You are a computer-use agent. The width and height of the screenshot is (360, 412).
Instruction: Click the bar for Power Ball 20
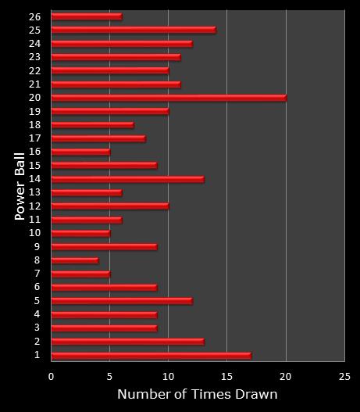point(169,98)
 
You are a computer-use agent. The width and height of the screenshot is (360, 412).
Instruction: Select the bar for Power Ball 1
point(151,356)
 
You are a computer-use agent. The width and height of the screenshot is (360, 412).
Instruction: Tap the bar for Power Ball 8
point(75,260)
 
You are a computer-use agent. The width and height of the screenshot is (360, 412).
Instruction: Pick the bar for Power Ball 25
point(134,30)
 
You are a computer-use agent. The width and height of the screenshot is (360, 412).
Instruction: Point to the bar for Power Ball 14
point(127,179)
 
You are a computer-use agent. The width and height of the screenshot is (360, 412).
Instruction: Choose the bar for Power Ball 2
point(127,342)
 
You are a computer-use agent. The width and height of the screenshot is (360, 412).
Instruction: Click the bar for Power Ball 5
point(122,301)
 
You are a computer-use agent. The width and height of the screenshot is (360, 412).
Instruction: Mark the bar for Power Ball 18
point(92,124)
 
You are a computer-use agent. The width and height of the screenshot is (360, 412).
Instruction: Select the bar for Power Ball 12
point(110,206)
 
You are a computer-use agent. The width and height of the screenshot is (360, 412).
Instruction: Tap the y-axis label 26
point(34,16)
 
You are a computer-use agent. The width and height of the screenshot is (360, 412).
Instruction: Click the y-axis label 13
point(34,192)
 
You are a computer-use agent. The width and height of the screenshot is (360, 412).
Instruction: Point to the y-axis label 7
point(37,274)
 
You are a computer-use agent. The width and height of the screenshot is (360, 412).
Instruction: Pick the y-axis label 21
point(34,84)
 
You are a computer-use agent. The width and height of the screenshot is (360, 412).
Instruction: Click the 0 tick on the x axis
point(52,376)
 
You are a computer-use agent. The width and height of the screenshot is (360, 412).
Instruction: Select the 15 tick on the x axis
point(226,376)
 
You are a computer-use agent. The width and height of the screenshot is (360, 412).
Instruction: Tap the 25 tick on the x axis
point(344,376)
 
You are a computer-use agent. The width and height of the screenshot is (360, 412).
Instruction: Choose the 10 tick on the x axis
point(168,376)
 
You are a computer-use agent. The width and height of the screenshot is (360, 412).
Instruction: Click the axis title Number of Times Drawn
point(197,395)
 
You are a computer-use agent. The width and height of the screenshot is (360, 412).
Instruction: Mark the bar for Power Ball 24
point(122,43)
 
